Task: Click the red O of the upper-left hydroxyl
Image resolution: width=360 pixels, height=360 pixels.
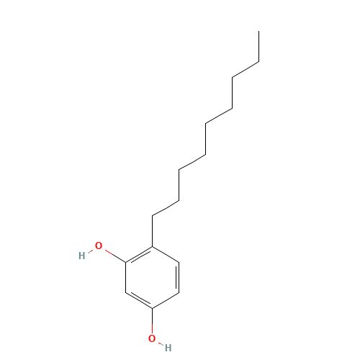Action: coord(99,246)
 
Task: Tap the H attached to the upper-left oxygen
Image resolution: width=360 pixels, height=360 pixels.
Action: coord(82,256)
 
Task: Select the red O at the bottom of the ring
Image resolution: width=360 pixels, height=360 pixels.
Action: coord(152,338)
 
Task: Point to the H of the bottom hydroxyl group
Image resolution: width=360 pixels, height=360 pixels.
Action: coord(168,348)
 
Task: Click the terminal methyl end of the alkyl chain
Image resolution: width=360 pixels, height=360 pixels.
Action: coord(258,31)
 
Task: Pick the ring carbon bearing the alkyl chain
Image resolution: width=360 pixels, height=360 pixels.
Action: coord(152,247)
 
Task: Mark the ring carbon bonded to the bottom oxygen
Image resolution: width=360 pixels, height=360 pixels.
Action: coord(152,308)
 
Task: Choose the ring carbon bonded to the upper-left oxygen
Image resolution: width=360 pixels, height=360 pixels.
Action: coord(126,262)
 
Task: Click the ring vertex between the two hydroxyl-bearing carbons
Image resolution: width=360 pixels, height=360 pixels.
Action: coord(126,293)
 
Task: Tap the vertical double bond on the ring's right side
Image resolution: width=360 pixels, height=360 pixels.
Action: coord(178,277)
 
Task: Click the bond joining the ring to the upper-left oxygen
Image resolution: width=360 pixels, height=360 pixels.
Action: coord(115,256)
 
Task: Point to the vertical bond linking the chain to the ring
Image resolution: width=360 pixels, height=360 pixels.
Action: coord(152,231)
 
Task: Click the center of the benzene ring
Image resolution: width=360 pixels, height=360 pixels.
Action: coord(152,277)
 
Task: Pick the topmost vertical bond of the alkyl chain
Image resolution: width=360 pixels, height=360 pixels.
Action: coord(258,47)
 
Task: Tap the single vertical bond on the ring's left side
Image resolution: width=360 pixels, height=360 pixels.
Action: coord(126,277)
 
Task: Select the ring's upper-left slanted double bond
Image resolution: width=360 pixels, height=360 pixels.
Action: coord(140,255)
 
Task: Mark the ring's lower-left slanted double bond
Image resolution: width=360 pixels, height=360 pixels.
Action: coord(140,300)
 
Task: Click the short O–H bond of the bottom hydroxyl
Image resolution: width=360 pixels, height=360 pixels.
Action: coord(161,343)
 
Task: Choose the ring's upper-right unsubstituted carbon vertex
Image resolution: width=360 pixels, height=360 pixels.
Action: coord(179,262)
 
